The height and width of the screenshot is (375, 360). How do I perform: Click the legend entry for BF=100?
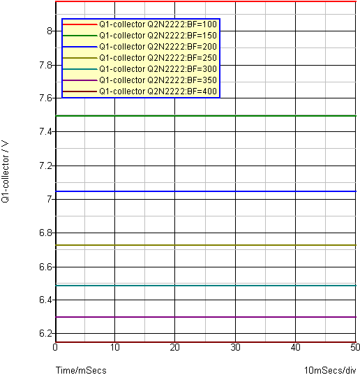click(x=158, y=24)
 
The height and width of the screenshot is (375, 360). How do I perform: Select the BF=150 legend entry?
click(x=158, y=36)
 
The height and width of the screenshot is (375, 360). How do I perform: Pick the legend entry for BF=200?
click(x=158, y=46)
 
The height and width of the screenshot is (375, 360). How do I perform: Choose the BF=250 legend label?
click(x=158, y=58)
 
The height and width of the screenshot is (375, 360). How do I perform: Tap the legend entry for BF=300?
click(x=158, y=69)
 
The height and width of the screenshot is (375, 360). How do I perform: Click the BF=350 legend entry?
click(x=158, y=80)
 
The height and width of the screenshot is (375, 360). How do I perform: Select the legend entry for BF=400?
click(x=158, y=91)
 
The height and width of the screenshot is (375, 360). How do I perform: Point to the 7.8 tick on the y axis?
click(x=46, y=65)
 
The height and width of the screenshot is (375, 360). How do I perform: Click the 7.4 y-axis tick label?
click(x=46, y=131)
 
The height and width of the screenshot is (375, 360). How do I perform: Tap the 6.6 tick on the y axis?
click(x=46, y=267)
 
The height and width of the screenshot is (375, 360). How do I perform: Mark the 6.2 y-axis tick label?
click(x=46, y=333)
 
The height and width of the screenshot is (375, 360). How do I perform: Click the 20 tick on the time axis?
click(x=174, y=347)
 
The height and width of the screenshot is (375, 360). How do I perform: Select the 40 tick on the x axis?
click(x=296, y=347)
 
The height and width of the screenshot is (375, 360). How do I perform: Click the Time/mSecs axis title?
click(x=81, y=370)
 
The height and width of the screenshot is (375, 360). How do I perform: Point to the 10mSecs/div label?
click(x=330, y=370)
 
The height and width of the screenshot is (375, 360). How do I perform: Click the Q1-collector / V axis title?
click(x=6, y=172)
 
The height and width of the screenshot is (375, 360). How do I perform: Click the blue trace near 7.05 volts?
click(x=206, y=191)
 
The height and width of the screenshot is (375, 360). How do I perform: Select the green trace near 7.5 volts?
click(x=206, y=116)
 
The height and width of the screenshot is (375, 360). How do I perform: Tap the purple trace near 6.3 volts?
click(x=206, y=317)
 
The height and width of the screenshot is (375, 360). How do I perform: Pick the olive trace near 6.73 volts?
click(x=206, y=245)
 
